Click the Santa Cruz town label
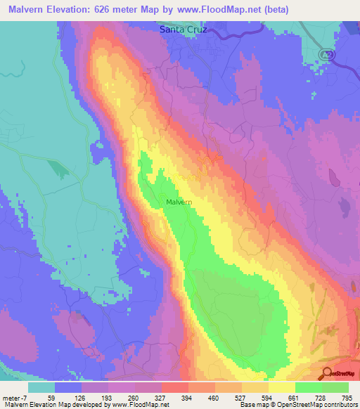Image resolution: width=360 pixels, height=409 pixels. click(x=185, y=30)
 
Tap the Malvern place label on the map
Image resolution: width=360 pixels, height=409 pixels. click(x=179, y=202)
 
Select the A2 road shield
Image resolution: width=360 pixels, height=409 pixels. click(x=324, y=54)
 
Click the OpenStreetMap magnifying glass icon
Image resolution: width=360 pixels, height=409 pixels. click(x=327, y=372)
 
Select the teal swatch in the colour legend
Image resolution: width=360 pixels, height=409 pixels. click(x=41, y=387)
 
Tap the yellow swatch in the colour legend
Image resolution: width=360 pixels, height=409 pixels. click(x=282, y=387)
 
